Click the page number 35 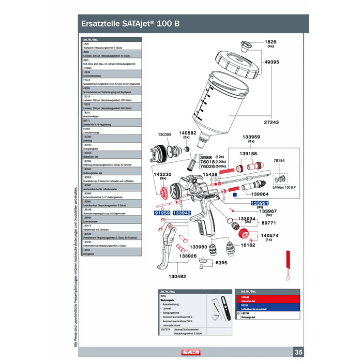(299, 352)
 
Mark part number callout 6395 (222, 263)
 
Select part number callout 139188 (248, 154)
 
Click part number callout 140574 (268, 235)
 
